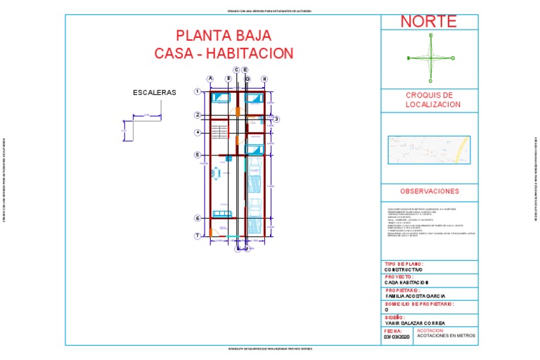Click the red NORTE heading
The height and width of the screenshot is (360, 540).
(x=428, y=21)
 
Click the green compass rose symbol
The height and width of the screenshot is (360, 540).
(x=431, y=58)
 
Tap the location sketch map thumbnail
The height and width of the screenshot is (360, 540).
(x=428, y=150)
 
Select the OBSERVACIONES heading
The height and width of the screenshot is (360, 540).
(x=429, y=191)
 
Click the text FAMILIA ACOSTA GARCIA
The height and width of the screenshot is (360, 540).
(x=415, y=296)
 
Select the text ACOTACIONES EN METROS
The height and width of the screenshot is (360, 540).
(x=446, y=336)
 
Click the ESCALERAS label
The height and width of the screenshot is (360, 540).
(x=155, y=92)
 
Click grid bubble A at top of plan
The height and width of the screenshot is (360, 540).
(x=210, y=79)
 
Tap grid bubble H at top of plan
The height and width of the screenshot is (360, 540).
(x=264, y=79)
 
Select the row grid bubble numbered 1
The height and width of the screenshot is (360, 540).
(x=198, y=92)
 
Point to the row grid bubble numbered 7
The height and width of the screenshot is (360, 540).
(x=198, y=235)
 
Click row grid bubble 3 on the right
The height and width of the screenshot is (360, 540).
(x=277, y=120)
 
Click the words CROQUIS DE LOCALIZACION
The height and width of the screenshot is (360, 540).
(x=429, y=100)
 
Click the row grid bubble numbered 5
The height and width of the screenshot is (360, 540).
(x=198, y=155)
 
